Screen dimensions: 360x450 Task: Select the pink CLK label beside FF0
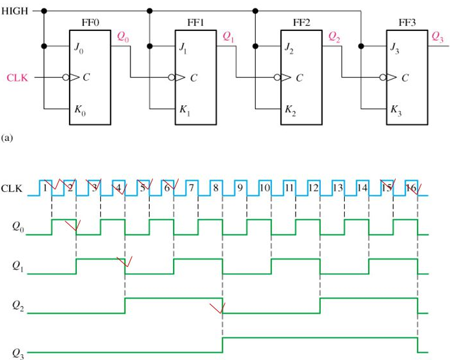pos(17,78)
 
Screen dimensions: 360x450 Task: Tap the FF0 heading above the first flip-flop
pos(90,22)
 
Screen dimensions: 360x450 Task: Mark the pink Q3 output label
pos(438,37)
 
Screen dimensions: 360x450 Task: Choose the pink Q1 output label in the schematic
pos(229,37)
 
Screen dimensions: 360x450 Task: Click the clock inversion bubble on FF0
pos(65,78)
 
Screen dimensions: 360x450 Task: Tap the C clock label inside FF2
pos(298,78)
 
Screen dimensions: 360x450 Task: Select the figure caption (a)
pos(8,137)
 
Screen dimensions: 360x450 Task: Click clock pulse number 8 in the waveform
pos(215,188)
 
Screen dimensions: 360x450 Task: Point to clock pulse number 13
pos(337,188)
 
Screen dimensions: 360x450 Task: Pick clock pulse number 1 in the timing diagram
pos(45,188)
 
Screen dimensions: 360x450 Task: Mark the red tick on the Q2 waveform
pos(218,307)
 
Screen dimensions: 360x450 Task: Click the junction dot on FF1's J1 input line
pos(150,46)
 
